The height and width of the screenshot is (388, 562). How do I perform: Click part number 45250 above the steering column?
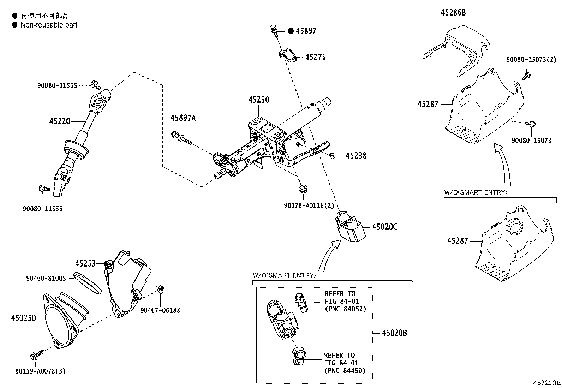[258, 100]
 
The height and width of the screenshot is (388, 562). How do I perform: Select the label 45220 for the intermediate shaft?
[60, 121]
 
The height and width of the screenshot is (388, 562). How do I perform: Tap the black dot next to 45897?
[291, 31]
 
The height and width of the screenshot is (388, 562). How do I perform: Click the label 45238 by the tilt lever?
[356, 156]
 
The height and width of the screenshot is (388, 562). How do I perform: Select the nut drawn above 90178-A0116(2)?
[303, 188]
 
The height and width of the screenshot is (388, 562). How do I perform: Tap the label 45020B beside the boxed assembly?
[394, 333]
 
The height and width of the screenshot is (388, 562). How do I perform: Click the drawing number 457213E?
[547, 383]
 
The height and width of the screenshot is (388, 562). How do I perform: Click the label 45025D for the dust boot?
[23, 318]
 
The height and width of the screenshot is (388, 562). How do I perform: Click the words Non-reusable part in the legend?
[49, 25]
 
